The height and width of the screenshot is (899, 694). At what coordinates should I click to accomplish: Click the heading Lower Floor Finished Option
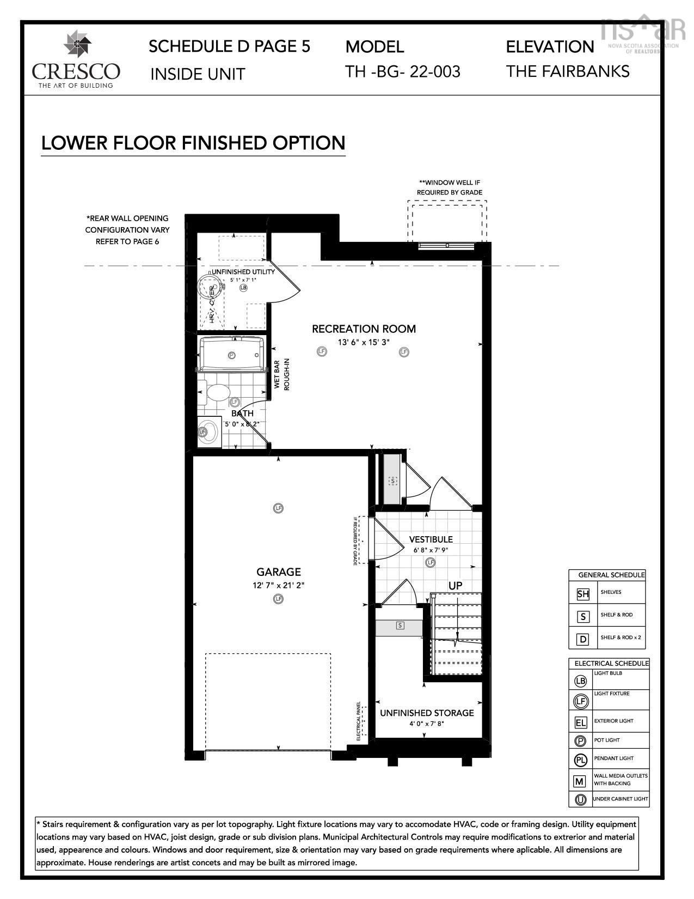[x=193, y=143]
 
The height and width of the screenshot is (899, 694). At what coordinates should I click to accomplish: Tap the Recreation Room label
[x=364, y=329]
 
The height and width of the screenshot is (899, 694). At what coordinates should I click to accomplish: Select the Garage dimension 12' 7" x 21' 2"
[x=279, y=585]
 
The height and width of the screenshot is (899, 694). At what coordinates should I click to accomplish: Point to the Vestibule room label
[x=431, y=539]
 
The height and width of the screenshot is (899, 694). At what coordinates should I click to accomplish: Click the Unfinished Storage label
[x=427, y=713]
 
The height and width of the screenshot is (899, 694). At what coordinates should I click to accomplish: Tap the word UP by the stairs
[x=456, y=585]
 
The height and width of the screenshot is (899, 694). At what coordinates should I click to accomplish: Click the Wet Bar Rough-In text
[x=281, y=374]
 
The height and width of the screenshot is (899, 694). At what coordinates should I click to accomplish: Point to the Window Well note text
[x=450, y=187]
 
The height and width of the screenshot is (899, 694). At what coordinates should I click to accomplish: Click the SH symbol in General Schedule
[x=582, y=594]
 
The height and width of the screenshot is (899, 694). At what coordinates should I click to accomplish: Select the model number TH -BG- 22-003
[x=403, y=71]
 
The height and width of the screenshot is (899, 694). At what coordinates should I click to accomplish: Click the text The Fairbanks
[x=568, y=71]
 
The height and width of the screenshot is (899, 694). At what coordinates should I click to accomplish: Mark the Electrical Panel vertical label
[x=359, y=721]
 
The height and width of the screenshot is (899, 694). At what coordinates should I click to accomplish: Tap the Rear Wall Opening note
[x=127, y=229]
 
